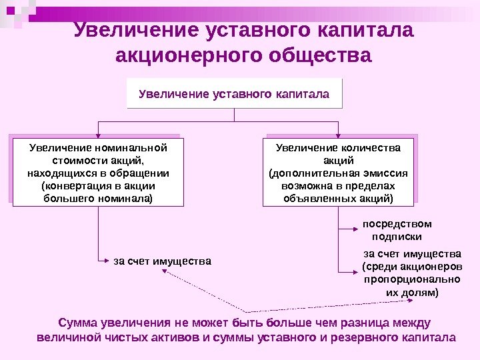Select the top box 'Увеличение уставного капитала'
point(234,93)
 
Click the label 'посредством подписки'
point(397,230)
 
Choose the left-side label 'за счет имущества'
point(162,261)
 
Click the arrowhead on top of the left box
point(99,134)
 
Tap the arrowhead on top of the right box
point(335,134)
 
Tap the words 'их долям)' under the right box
point(411,293)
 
